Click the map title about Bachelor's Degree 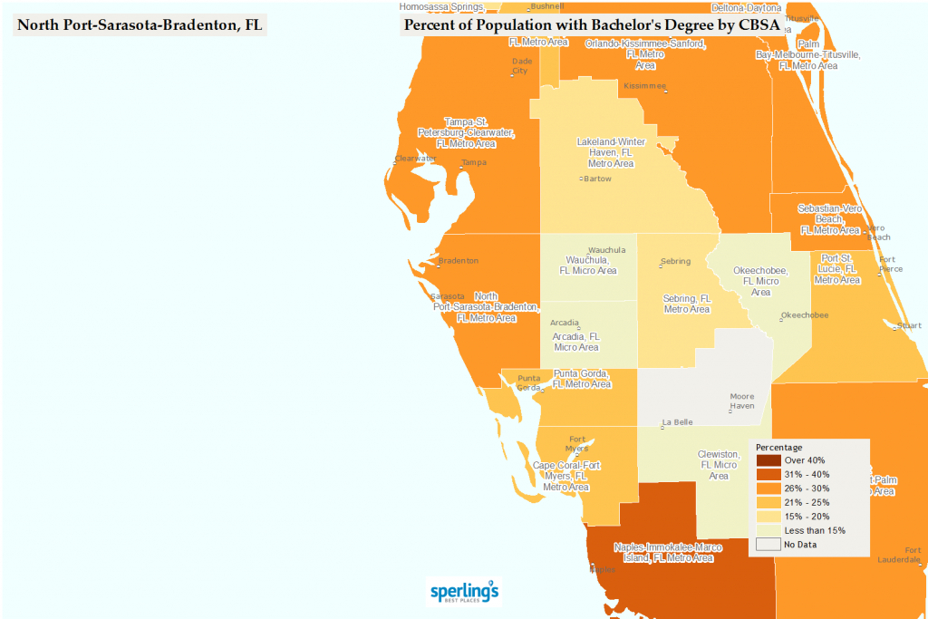tap(591, 24)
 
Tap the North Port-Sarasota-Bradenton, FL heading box tap(140, 24)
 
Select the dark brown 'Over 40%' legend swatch tap(768, 460)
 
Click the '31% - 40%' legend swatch tap(768, 474)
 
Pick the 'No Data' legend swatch tap(768, 544)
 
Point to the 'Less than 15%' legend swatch tap(768, 529)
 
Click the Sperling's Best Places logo tap(464, 590)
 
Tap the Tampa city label tap(473, 163)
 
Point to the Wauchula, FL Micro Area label tap(588, 266)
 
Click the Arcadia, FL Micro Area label tap(576, 341)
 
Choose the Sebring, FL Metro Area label tap(687, 304)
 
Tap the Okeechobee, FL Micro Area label tap(760, 281)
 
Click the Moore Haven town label tap(742, 401)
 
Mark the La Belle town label tap(677, 422)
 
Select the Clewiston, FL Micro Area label tap(719, 464)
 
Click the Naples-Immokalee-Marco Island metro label tap(667, 552)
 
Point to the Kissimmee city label tap(644, 86)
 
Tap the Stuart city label tap(908, 324)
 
